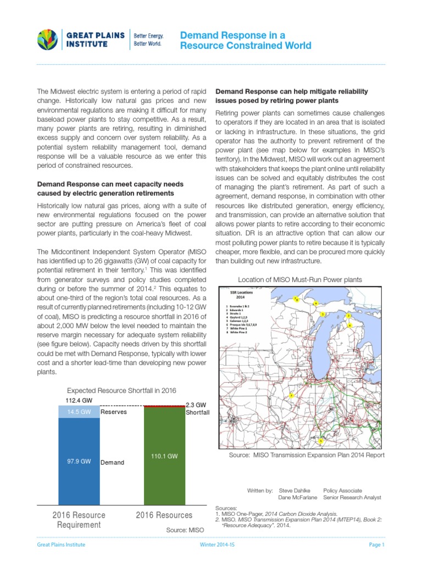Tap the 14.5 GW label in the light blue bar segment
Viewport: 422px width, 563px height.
79,412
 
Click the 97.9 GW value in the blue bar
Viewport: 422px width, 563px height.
79,461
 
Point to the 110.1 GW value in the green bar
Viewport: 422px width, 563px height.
164,456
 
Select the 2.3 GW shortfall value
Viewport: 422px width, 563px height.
196,404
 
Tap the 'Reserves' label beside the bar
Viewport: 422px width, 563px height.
113,412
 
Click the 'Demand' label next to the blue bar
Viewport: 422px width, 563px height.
112,462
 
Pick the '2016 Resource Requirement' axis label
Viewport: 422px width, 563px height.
79,520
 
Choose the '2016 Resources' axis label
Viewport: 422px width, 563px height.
164,515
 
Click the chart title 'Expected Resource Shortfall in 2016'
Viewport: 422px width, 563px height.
121,390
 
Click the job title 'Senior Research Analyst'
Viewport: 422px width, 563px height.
352,498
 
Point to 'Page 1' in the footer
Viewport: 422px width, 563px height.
376,545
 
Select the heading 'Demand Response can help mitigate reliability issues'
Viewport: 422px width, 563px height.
292,96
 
